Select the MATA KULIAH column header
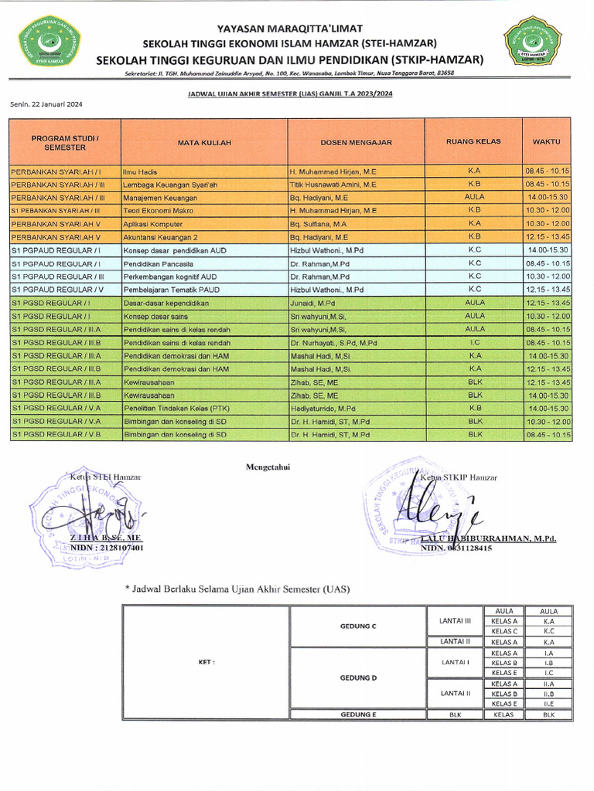tap(204, 143)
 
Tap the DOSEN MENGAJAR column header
tap(357, 142)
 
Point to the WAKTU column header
tap(546, 142)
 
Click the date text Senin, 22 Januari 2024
tap(46, 104)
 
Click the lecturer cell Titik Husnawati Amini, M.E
tap(333, 185)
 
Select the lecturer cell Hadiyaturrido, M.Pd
tap(323, 409)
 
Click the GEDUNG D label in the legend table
tap(358, 677)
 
